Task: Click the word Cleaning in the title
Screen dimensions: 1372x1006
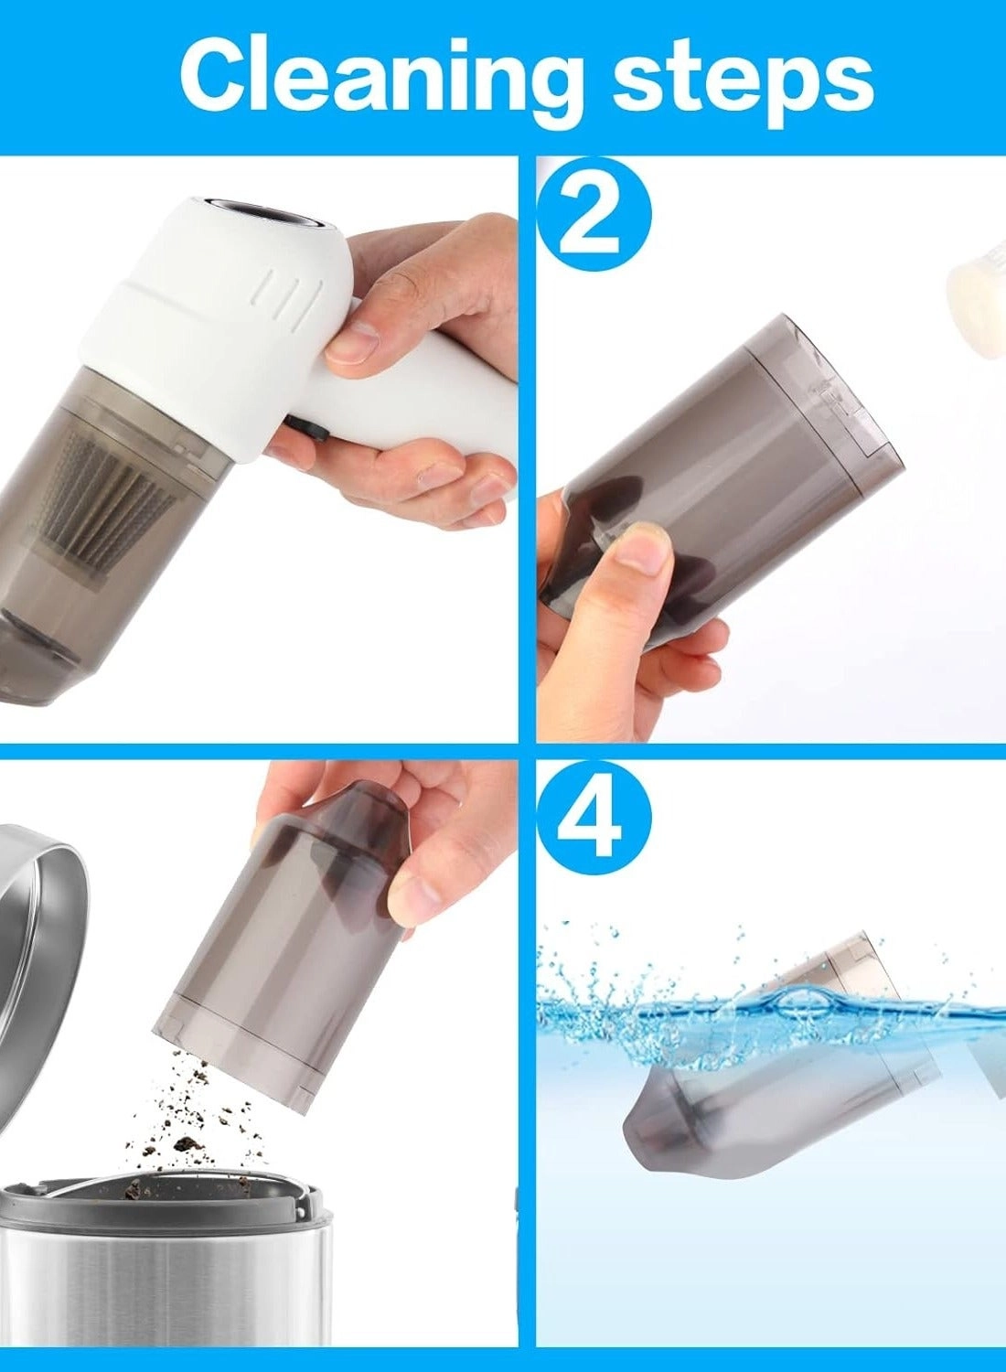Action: pyautogui.click(x=380, y=77)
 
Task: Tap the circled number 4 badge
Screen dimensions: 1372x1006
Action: pyautogui.click(x=594, y=817)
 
